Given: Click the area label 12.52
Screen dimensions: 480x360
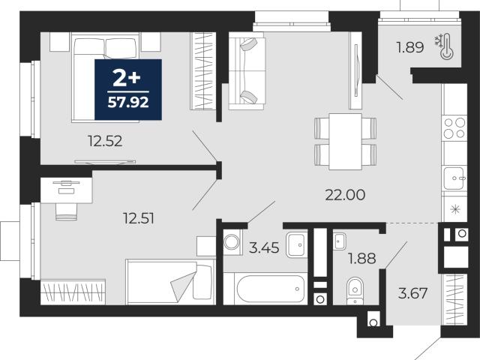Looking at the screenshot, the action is point(105,141).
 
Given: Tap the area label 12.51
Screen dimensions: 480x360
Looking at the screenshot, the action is point(138,218).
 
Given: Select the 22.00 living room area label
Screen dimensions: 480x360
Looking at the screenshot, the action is point(345,195).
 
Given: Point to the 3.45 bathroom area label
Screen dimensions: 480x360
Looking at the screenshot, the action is point(264,247).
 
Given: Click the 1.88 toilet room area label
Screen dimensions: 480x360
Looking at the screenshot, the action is point(361,258).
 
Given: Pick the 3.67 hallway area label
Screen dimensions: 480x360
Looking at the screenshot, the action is point(412,293).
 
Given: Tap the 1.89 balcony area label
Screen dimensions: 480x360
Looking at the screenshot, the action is point(410,47).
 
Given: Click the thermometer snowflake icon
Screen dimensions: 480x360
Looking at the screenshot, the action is point(445,46).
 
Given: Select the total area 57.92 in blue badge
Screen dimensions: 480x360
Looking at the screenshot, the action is point(128,102).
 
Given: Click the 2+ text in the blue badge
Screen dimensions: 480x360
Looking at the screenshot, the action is point(127,78).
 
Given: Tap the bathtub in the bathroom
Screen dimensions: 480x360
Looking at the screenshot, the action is point(271,289).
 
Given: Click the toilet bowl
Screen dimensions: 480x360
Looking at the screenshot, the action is point(355,290).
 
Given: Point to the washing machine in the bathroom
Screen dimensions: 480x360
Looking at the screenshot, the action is point(232,241).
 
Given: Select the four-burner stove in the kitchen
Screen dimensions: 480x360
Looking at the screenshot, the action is point(454,128).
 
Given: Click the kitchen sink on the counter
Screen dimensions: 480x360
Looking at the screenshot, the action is point(454,178).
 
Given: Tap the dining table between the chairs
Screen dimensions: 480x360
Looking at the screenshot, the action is point(345,142).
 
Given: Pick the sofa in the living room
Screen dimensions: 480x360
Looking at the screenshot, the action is point(247,71).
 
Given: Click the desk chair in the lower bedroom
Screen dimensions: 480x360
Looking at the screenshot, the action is point(66,211).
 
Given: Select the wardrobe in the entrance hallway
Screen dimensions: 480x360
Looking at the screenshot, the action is point(455,299).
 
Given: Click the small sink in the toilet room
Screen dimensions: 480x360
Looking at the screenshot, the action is point(340,241).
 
